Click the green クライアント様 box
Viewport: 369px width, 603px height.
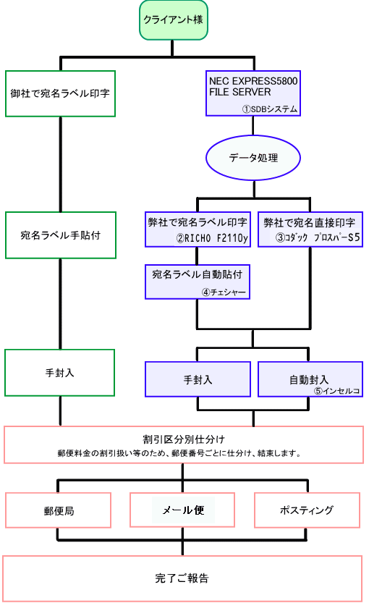tap(174, 20)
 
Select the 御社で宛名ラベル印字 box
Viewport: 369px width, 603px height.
tap(60, 93)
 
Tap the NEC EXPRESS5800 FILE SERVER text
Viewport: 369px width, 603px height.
tap(253, 87)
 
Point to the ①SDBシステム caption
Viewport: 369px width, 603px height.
tap(270, 109)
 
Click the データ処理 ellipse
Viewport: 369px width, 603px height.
tap(253, 158)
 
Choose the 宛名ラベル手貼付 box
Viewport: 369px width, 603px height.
tap(61, 235)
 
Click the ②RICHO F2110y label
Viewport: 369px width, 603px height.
tap(212, 238)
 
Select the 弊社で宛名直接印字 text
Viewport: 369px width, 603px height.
tap(310, 223)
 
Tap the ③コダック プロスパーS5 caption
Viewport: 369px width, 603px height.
tap(318, 237)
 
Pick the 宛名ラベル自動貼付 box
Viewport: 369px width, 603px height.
tap(198, 282)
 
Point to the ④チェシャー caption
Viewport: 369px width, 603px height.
tap(224, 292)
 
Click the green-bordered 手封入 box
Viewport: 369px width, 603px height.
tap(59, 373)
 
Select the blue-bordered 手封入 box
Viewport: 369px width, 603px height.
tap(198, 379)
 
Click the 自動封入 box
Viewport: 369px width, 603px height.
tap(310, 379)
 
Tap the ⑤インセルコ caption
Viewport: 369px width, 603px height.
tap(336, 391)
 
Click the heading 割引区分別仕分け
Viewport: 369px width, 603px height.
tap(184, 439)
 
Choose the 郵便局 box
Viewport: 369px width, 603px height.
tap(58, 510)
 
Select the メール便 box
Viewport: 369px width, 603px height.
tap(182, 510)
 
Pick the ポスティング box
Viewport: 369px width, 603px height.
tap(307, 510)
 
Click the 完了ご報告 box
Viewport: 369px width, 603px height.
tap(182, 578)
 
